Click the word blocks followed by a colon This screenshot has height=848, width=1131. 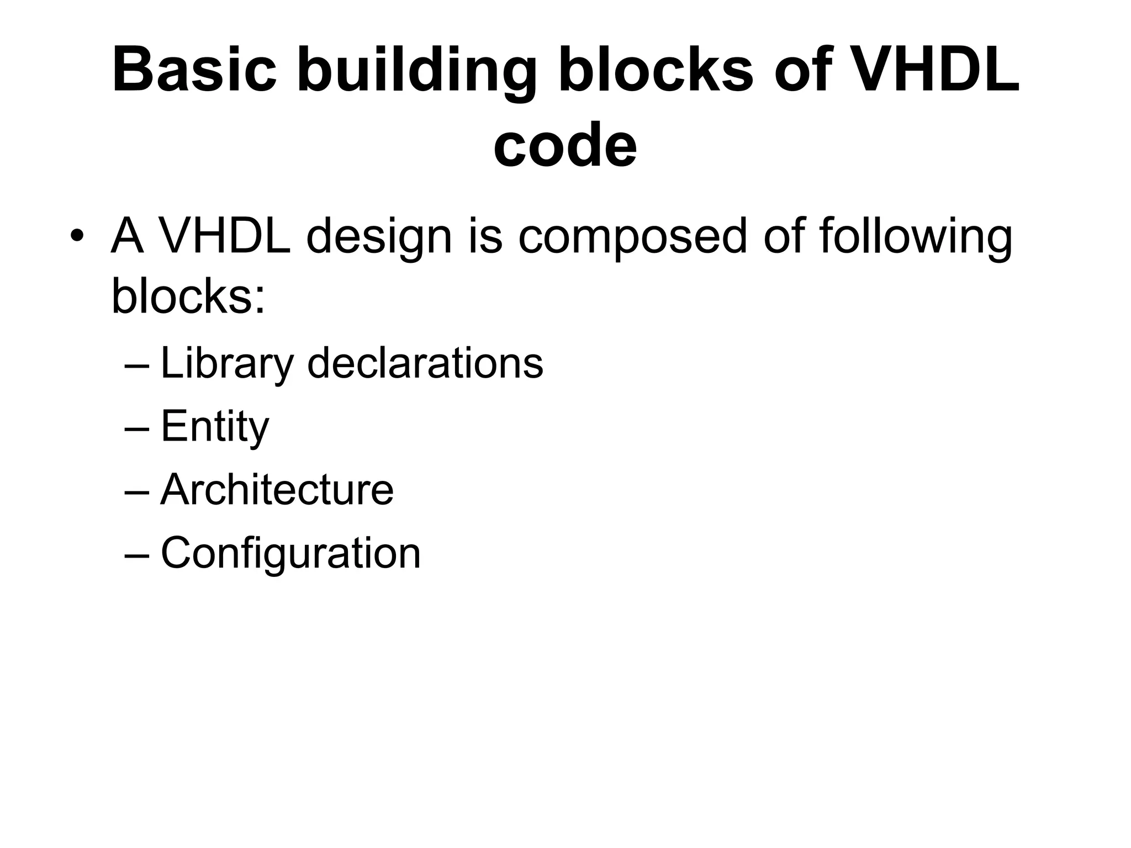click(x=188, y=296)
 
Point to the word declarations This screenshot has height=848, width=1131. click(x=425, y=364)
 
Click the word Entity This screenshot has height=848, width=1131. click(x=214, y=427)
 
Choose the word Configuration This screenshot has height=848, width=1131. click(x=290, y=553)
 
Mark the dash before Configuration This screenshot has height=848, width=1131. click(x=137, y=554)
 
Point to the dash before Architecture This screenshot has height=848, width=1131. click(x=137, y=491)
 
